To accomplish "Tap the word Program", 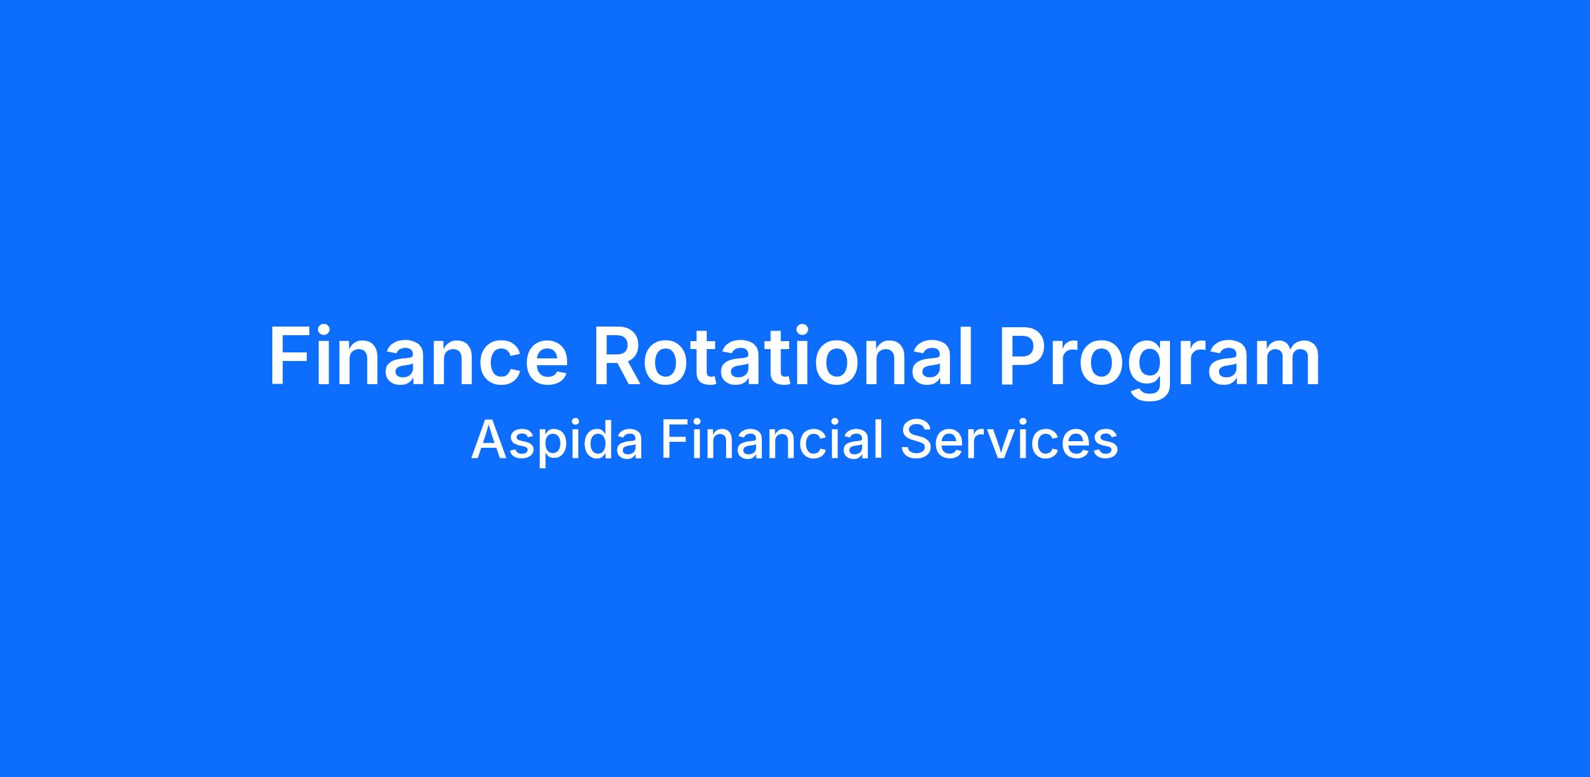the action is [1160, 362].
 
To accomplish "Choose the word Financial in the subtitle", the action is [772, 439].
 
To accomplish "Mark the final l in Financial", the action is [880, 439].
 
